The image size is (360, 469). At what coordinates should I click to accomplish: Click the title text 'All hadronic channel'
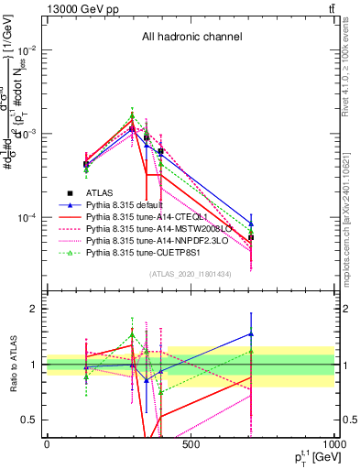tap(191, 37)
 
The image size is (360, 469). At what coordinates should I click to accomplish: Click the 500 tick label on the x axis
tap(191, 443)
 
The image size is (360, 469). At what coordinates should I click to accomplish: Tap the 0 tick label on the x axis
tap(47, 443)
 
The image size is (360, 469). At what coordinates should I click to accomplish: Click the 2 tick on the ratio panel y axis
tap(34, 309)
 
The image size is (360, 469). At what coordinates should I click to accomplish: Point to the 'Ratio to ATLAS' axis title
tap(12, 365)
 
